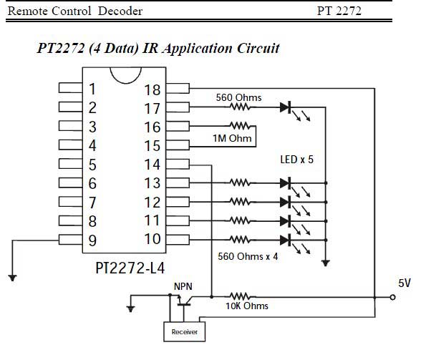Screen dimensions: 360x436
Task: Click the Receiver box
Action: [x=184, y=331]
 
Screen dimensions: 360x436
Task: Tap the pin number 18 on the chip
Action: [x=152, y=89]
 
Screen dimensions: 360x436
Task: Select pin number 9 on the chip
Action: [x=92, y=239]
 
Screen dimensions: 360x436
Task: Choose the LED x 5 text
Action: [x=296, y=159]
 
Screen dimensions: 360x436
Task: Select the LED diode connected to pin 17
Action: [x=286, y=108]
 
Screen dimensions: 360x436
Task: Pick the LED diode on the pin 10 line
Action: [x=286, y=239]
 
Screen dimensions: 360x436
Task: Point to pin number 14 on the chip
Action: [x=152, y=165]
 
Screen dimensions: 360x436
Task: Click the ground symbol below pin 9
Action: [x=12, y=277]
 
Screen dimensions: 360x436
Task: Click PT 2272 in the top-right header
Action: [x=339, y=11]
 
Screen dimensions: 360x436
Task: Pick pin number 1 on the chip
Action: [x=92, y=89]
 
